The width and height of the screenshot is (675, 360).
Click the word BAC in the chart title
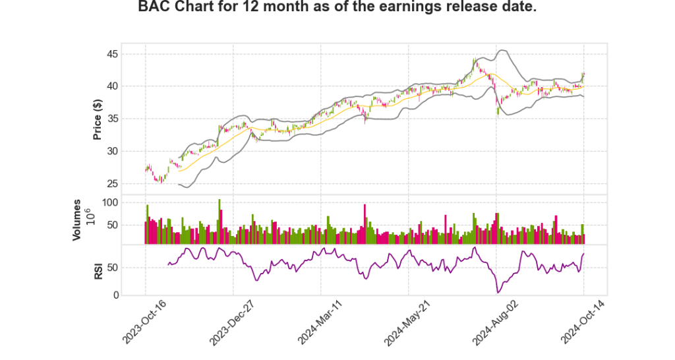(154, 7)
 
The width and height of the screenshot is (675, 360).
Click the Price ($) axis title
(98, 119)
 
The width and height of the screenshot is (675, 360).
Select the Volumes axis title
(77, 220)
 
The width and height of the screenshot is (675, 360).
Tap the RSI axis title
(98, 270)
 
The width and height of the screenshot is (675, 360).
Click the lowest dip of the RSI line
(498, 292)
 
